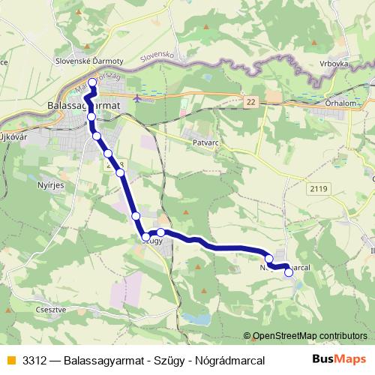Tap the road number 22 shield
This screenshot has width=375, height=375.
[x=250, y=101]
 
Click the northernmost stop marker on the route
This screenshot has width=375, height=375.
[x=92, y=82]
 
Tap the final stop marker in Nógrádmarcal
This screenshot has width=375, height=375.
[x=289, y=273]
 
